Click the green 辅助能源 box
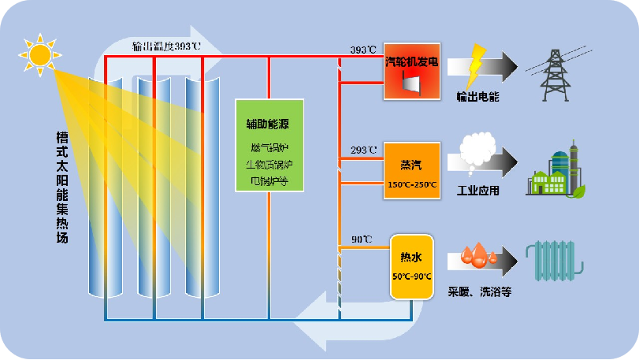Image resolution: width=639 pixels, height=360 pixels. pyautogui.click(x=269, y=147)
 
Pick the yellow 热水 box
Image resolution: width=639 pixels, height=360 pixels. pyautogui.click(x=412, y=266)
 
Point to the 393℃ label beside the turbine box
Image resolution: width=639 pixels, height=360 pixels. pyautogui.click(x=363, y=50)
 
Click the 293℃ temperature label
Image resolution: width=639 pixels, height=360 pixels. pyautogui.click(x=364, y=150)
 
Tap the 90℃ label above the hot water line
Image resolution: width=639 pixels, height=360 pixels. pyautogui.click(x=362, y=239)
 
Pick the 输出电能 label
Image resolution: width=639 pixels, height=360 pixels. pyautogui.click(x=477, y=98)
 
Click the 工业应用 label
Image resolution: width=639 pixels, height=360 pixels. pyautogui.click(x=478, y=191)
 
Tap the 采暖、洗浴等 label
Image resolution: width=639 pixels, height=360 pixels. pyautogui.click(x=480, y=291)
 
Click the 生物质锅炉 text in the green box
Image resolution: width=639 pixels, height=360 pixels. pyautogui.click(x=269, y=165)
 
